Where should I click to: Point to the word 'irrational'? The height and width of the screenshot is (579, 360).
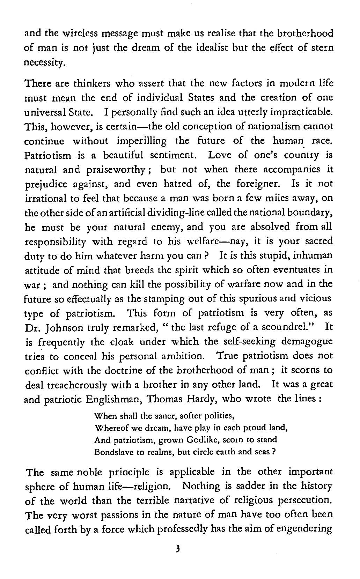click(44, 199)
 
